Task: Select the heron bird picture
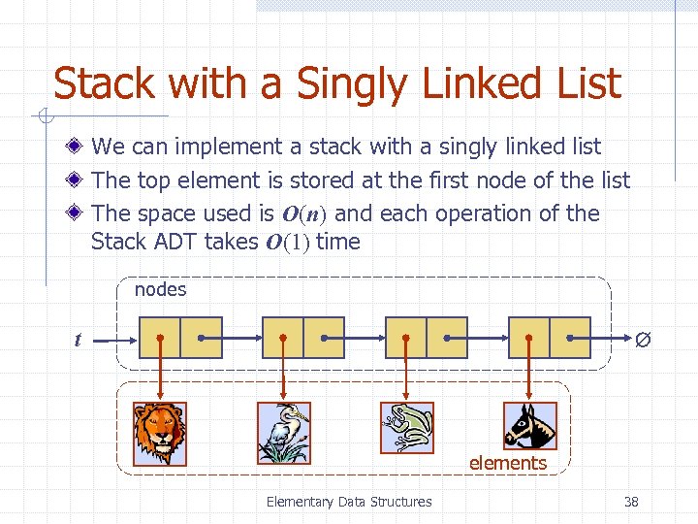point(284,433)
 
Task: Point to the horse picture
point(530,426)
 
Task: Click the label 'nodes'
point(160,289)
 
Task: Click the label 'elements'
point(507,464)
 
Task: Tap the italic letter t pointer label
point(78,340)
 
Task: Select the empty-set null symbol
point(641,341)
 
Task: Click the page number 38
point(631,502)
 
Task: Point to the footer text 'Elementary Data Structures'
point(349,502)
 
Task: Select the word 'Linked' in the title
point(462,83)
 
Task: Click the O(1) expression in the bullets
point(287,243)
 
